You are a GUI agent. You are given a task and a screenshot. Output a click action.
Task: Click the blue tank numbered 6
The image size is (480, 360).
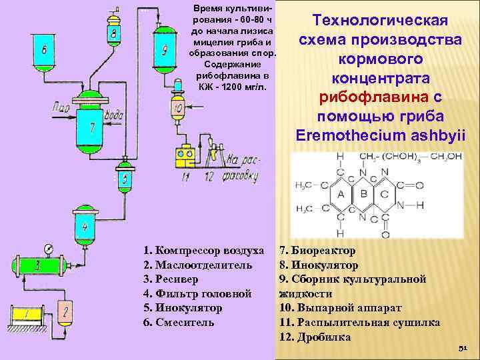[x=44, y=49]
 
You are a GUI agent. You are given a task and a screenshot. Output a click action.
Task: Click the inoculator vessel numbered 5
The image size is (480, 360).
[x=125, y=179]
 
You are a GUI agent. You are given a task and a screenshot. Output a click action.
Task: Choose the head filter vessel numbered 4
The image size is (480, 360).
[x=85, y=225]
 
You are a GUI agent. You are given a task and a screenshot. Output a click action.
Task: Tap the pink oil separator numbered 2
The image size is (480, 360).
[x=67, y=311]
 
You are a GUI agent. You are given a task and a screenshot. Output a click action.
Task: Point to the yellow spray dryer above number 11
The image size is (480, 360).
[x=185, y=156]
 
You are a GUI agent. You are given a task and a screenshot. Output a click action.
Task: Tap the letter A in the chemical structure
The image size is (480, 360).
[x=341, y=195]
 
